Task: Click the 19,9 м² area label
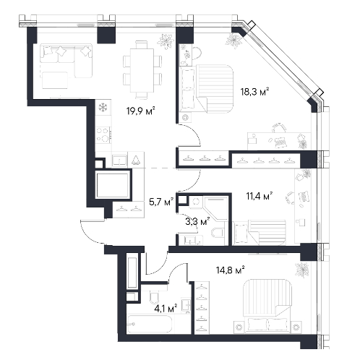pos(140,111)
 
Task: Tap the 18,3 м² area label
pos(254,92)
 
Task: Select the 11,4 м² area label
pos(259,196)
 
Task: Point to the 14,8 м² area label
pos(231,270)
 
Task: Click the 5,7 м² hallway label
pos(161,202)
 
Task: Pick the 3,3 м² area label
pos(197,221)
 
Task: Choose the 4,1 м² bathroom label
pos(166,308)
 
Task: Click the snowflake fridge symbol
pos(103,108)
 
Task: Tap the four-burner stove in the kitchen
pos(103,135)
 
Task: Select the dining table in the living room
pos(142,70)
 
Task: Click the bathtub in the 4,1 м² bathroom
pos(150,324)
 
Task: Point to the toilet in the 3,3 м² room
pos(218,233)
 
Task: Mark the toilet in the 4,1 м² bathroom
pos(154,298)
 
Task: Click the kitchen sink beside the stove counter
pos(119,160)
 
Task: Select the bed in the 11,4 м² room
pos(260,233)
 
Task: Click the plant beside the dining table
pos(166,41)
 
